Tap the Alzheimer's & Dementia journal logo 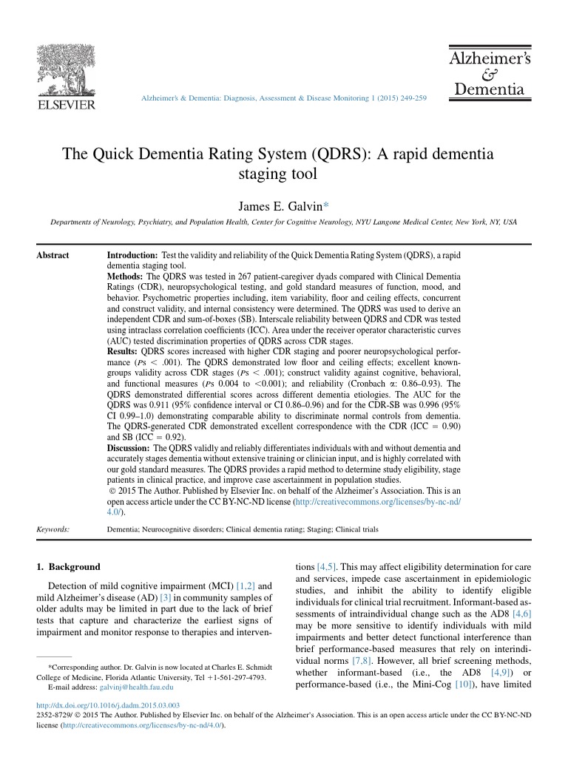tap(487, 73)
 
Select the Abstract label tap(53, 255)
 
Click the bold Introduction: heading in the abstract tap(132, 255)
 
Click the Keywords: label tap(53, 529)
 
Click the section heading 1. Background tap(68, 567)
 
